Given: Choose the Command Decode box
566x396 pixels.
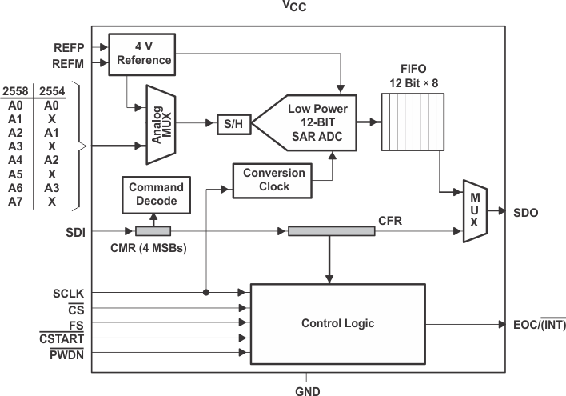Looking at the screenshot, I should pyautogui.click(x=156, y=194).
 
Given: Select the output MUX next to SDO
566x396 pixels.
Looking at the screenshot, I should pyautogui.click(x=474, y=211).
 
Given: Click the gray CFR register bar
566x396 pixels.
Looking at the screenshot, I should pyautogui.click(x=331, y=231).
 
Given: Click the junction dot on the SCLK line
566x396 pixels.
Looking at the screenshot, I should pyautogui.click(x=208, y=292).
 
